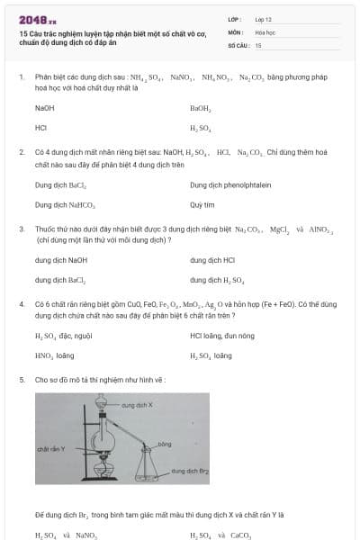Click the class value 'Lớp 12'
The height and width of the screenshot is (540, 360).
[x=264, y=18]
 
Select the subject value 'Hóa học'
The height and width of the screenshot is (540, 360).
[x=265, y=31]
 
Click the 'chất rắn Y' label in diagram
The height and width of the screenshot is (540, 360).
[x=49, y=447]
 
